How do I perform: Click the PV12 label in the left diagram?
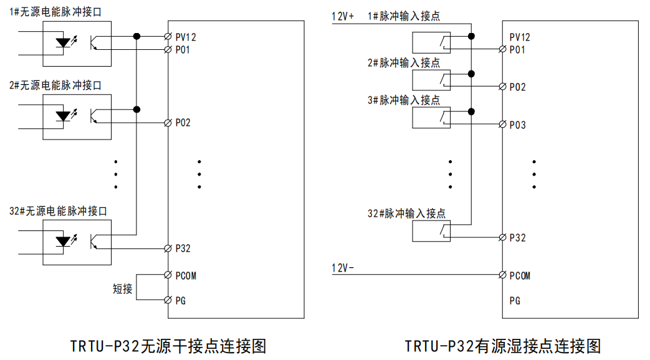tap(186, 37)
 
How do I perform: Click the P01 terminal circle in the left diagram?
tap(168, 49)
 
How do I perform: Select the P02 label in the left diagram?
tap(183, 123)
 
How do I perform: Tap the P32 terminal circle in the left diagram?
tap(168, 249)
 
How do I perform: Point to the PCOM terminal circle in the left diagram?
tap(168, 275)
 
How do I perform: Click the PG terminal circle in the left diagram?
tap(168, 300)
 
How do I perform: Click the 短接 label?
tap(123, 289)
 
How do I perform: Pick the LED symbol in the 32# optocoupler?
tap(63, 240)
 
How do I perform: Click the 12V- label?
tap(342, 268)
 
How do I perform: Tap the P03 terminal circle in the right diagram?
tap(503, 125)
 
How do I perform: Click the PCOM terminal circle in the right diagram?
tap(503, 275)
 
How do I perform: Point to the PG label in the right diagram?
tap(515, 301)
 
